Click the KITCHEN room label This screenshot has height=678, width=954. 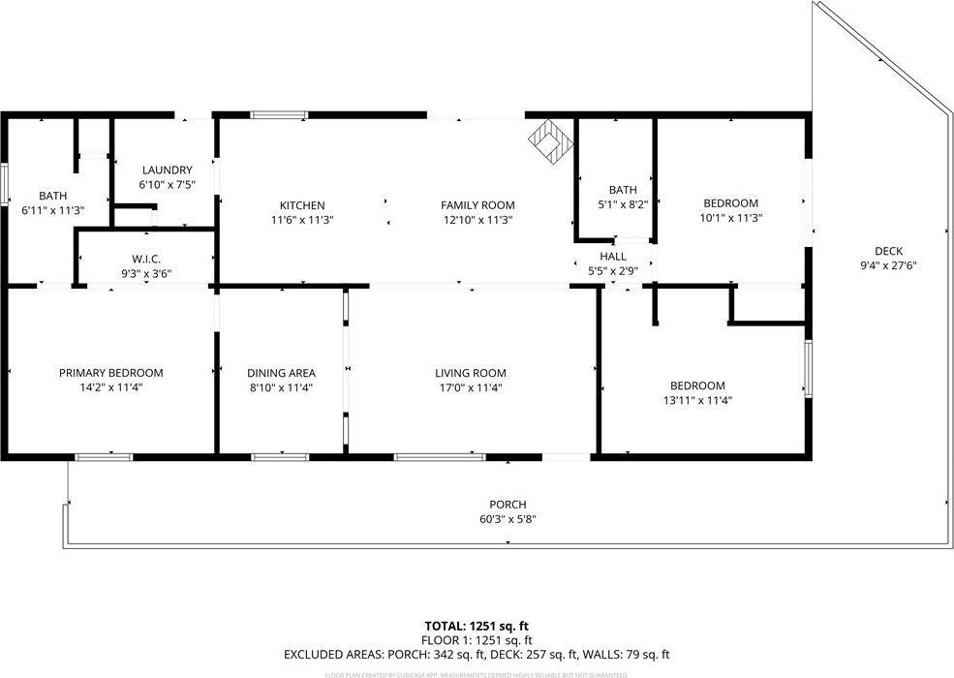[x=302, y=205]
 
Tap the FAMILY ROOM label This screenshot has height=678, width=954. [x=477, y=205]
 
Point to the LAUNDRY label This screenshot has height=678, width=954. [x=167, y=169]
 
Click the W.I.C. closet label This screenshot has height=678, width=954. [x=146, y=259]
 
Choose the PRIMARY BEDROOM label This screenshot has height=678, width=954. [x=110, y=373]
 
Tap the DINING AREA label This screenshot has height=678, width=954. [x=281, y=373]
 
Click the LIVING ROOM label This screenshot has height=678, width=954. [x=471, y=373]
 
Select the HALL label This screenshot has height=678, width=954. [x=613, y=257]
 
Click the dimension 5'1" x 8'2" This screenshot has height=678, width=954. [x=623, y=204]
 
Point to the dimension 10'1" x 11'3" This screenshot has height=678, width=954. [x=730, y=218]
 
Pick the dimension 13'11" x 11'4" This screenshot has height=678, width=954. [x=697, y=399]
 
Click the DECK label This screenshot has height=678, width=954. [x=888, y=252]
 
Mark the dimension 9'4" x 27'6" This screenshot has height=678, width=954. [x=888, y=266]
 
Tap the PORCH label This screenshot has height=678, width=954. [x=508, y=505]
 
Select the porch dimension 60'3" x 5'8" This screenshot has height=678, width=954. [x=508, y=519]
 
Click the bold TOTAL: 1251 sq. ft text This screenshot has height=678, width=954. [x=477, y=627]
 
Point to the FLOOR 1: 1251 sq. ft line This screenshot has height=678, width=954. [x=477, y=640]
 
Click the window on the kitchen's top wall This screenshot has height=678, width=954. [x=279, y=115]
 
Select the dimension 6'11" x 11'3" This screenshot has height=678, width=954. [x=53, y=210]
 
